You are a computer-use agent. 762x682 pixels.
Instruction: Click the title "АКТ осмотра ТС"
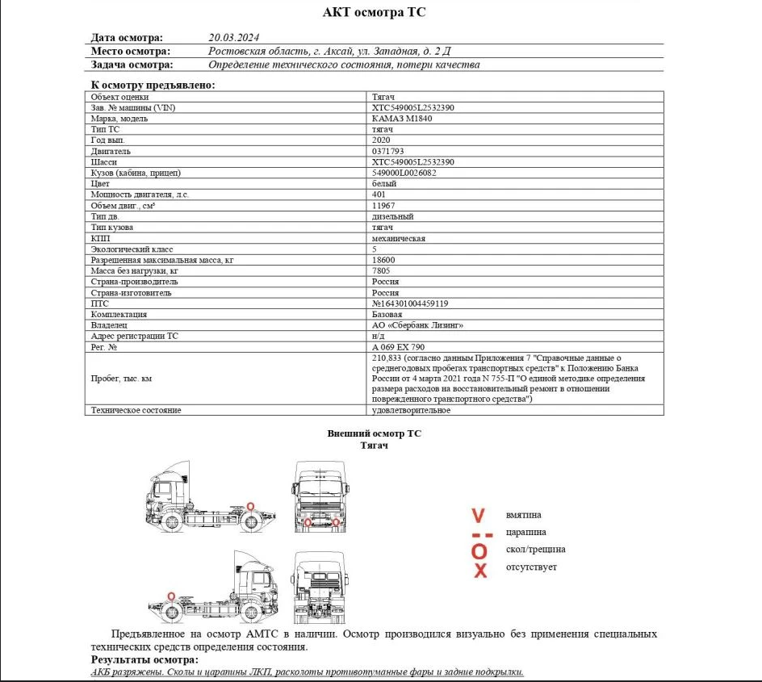374,12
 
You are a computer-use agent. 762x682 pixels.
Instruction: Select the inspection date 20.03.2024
233,37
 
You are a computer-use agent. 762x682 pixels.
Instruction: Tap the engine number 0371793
388,151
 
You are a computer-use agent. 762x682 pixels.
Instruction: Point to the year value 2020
381,140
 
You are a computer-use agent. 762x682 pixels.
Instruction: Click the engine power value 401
379,195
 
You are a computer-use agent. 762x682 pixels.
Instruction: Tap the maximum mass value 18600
383,260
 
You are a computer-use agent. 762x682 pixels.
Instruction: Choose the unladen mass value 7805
381,271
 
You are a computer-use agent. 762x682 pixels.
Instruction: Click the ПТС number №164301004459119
410,303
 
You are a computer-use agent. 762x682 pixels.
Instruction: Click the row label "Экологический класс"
132,249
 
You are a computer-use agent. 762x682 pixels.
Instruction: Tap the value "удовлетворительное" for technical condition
412,410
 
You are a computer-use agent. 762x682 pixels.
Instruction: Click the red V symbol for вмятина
479,515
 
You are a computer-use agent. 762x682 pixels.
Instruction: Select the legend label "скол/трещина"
535,550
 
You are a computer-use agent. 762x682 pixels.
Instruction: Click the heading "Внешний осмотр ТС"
374,433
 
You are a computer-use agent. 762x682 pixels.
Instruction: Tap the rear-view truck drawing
320,588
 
